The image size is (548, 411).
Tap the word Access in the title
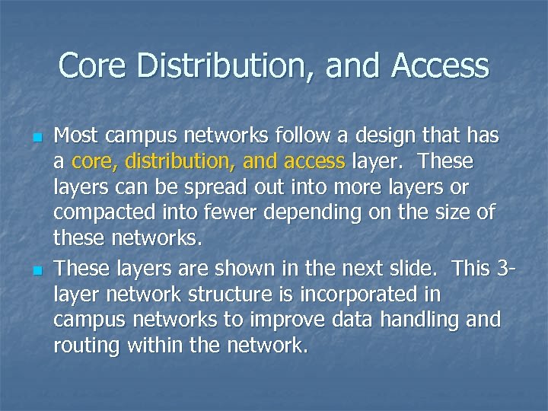[x=441, y=66]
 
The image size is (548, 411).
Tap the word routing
[x=86, y=345]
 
